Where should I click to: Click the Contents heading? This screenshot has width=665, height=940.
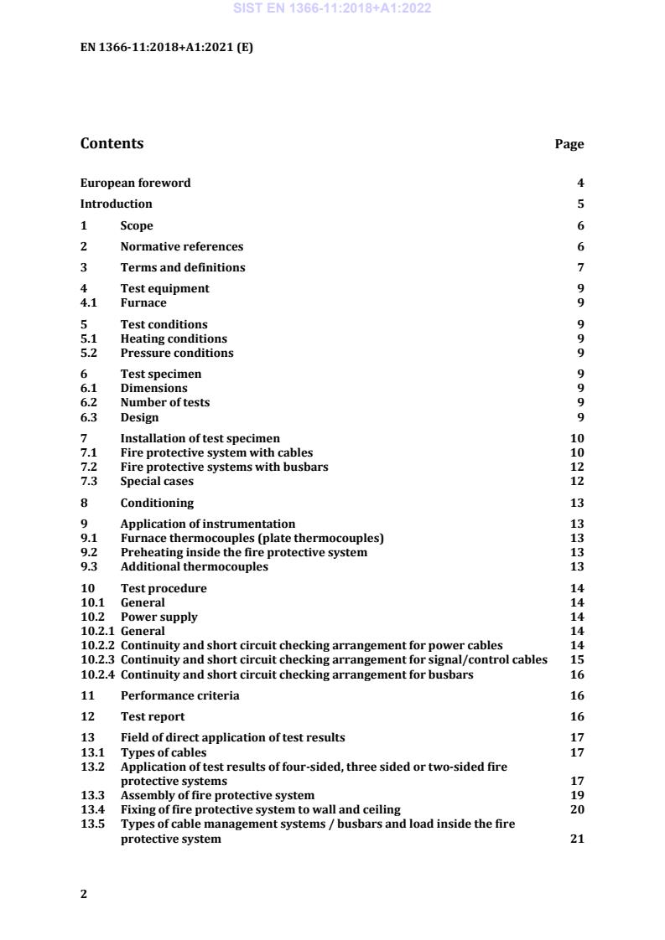[112, 143]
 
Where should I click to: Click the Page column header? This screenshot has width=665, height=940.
[569, 144]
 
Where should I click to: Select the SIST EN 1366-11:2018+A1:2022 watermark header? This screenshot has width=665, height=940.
[331, 9]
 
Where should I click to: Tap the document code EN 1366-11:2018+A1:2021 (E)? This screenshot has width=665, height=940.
[166, 47]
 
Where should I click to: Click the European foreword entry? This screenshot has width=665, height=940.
[135, 183]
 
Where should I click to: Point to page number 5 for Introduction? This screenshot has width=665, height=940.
[580, 204]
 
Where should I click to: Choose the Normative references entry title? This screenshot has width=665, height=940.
[182, 246]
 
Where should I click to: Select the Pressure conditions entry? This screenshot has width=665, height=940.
[177, 353]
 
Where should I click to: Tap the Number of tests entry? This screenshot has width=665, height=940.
[165, 402]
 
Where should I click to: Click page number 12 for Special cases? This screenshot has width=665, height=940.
[577, 481]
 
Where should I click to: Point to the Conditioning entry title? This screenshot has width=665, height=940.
[157, 503]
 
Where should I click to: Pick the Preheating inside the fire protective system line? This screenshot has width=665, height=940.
[244, 552]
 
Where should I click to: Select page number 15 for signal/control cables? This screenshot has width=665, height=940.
[577, 659]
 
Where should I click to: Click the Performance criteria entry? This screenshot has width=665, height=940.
[179, 695]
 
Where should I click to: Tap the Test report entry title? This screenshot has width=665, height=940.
[153, 716]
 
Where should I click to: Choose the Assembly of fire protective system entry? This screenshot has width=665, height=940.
[218, 795]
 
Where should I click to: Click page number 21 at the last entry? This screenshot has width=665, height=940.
[577, 839]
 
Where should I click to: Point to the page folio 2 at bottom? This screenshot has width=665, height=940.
[83, 894]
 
